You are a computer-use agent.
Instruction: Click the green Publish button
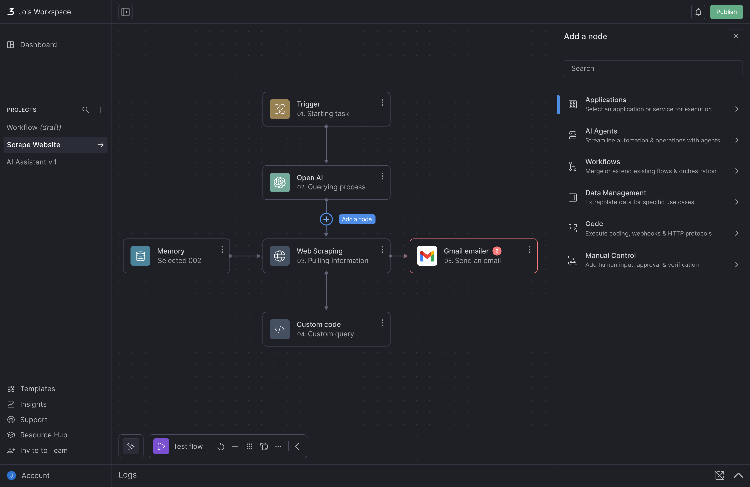coord(726,12)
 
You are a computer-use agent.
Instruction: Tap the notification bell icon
coord(698,12)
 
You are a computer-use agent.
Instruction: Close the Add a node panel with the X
coord(736,36)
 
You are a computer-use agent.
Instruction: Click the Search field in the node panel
coord(653,68)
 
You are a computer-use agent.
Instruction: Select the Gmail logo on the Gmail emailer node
coord(427,256)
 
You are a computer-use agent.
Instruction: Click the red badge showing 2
coord(497,251)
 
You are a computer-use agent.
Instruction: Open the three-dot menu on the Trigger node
coord(382,103)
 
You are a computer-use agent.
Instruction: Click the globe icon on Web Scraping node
coord(280,256)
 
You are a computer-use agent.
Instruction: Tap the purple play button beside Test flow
coord(161,446)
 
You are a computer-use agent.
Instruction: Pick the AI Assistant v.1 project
coord(32,162)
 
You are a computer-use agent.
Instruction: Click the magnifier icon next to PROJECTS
coord(86,110)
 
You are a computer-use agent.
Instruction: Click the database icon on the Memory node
coord(140,256)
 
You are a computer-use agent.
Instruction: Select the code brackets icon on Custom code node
coord(280,329)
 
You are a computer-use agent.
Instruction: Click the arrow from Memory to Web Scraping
coord(245,256)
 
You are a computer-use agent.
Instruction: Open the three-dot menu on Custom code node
coord(382,323)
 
